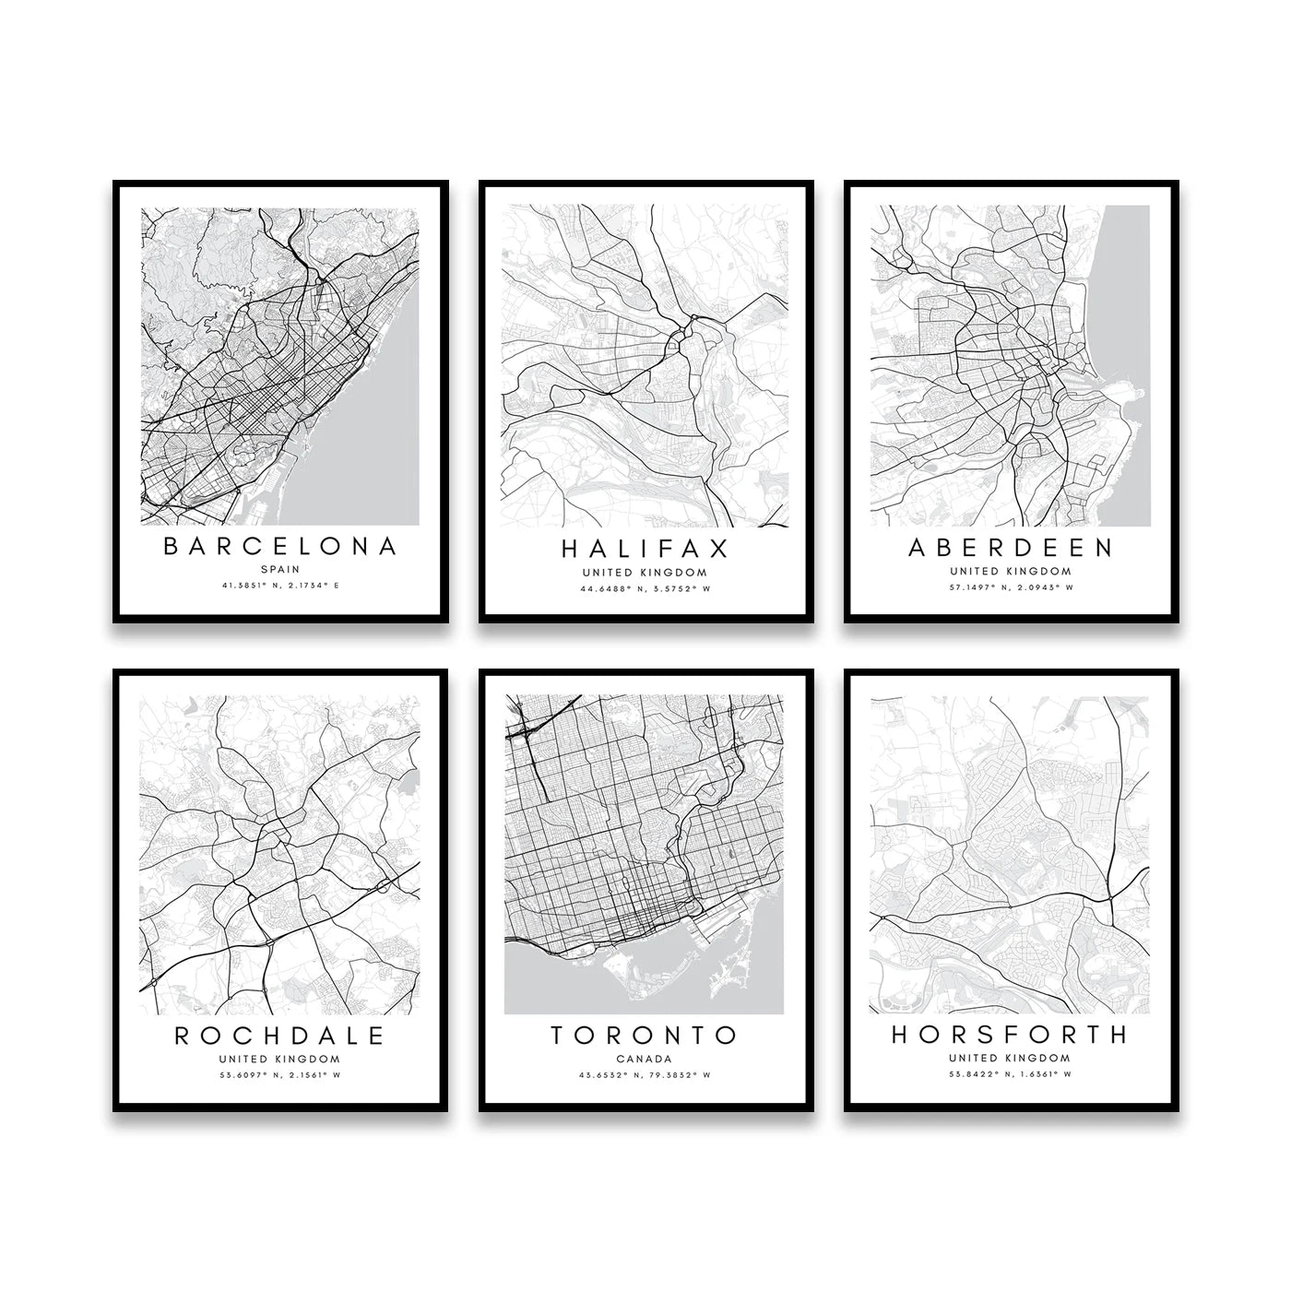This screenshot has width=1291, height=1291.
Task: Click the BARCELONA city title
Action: click(280, 546)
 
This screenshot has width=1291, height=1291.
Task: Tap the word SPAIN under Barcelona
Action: click(280, 569)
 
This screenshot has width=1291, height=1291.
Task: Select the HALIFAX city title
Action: click(645, 549)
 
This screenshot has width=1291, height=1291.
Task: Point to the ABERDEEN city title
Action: click(1011, 548)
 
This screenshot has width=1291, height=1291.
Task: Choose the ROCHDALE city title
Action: click(280, 1036)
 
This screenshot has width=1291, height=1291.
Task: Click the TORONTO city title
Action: click(645, 1036)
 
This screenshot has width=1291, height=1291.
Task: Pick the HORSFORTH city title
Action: click(1011, 1035)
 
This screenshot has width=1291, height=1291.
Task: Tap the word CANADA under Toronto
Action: click(645, 1059)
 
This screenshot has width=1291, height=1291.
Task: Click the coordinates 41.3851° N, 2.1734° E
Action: click(280, 586)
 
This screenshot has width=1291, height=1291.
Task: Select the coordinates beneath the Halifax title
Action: click(645, 588)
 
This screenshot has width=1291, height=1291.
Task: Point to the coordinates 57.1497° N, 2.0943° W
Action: click(1011, 587)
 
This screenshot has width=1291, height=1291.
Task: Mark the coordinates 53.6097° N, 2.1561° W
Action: click(280, 1075)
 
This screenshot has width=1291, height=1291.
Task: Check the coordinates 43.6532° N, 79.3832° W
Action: click(645, 1075)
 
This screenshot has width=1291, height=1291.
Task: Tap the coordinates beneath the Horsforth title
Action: click(1011, 1074)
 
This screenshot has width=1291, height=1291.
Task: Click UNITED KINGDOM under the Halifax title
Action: click(645, 572)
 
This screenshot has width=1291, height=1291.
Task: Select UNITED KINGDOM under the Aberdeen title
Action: click(1011, 571)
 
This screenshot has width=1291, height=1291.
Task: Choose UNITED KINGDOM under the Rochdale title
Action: click(280, 1059)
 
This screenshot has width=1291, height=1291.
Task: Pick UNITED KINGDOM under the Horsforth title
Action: click(1011, 1058)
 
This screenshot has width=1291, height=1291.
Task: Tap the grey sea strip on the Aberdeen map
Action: click(1127, 295)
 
